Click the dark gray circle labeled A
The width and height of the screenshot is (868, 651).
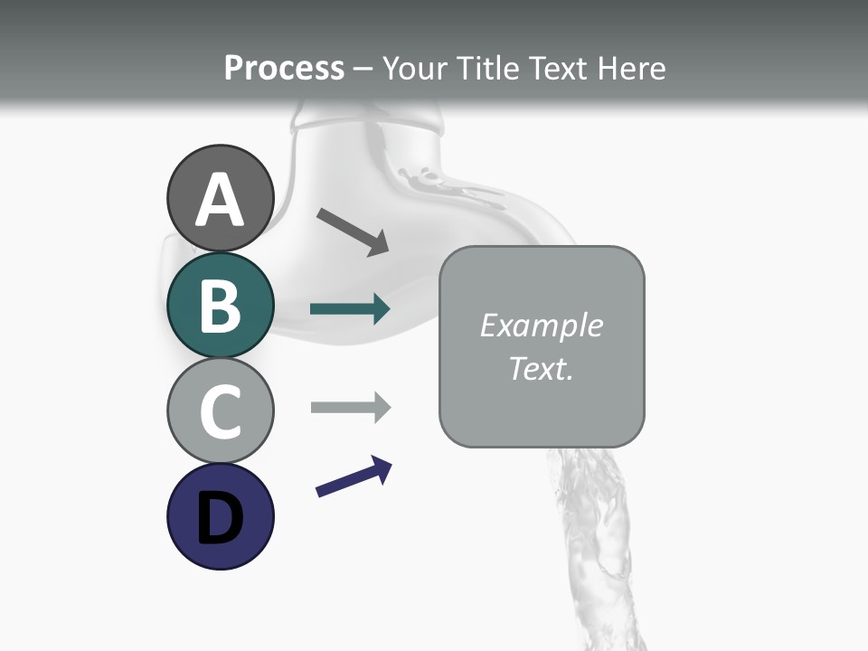220,198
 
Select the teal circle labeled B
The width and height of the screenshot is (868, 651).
220,305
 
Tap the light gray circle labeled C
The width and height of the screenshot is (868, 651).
220,410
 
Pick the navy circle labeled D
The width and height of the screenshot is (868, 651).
220,516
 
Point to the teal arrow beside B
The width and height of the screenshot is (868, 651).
350,309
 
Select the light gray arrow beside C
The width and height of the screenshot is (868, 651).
350,408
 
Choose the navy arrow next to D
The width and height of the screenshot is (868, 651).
354,476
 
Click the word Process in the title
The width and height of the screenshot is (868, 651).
284,69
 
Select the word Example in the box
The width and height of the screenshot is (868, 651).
541,325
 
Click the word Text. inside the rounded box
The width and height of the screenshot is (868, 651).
541,368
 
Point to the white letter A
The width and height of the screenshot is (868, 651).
220,201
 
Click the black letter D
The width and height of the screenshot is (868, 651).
220,519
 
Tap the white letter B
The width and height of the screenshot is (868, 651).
220,306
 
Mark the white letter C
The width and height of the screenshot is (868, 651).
220,411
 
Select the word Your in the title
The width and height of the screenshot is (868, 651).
416,69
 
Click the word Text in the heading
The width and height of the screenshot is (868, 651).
560,69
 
